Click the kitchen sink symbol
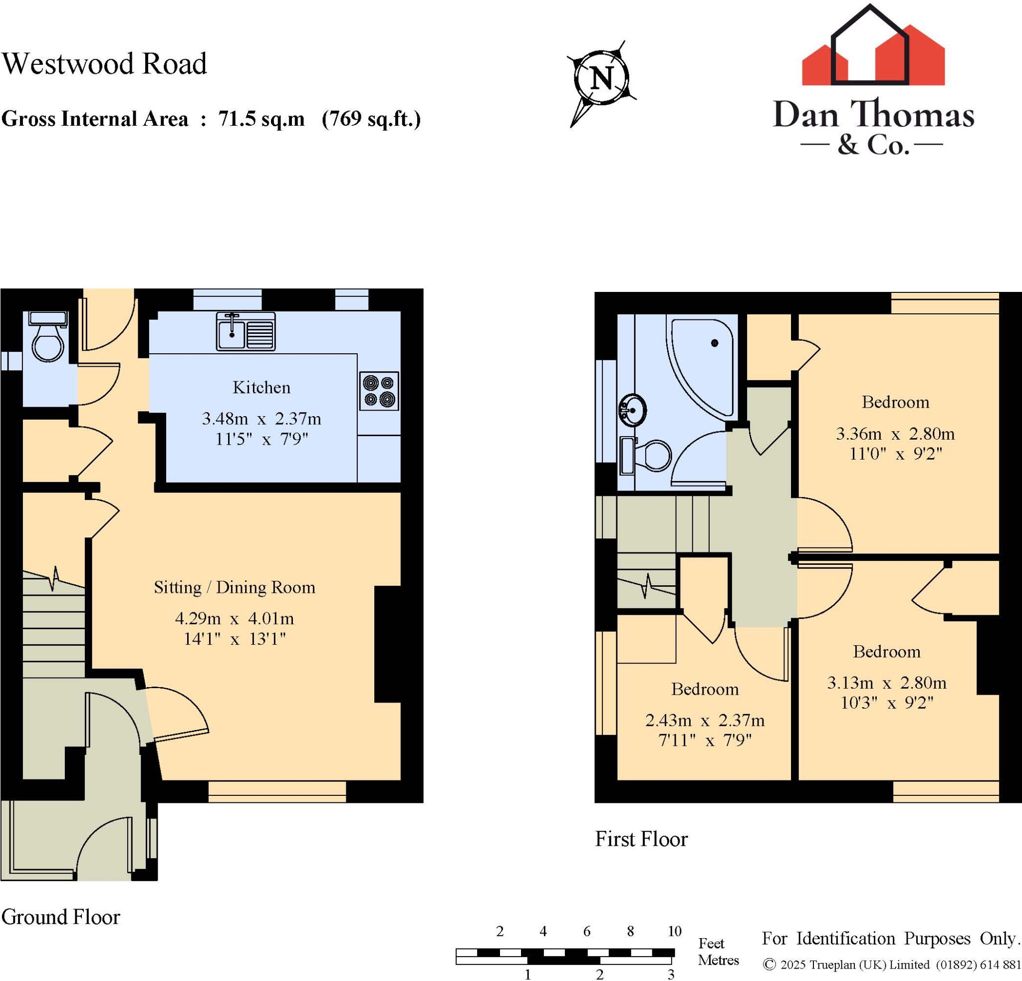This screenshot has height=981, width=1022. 246,331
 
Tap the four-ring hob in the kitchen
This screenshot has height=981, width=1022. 379,391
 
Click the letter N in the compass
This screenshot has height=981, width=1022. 602,79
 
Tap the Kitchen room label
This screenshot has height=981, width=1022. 261,387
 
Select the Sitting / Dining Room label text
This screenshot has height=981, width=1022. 234,587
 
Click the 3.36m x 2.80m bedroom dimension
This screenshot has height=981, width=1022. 895,434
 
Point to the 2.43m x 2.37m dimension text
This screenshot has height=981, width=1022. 705,721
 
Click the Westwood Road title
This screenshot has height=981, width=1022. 104,64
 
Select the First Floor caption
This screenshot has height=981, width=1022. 641,839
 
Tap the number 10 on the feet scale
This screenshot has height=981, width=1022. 674,931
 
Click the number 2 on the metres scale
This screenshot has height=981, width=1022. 600,974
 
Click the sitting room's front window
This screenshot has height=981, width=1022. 277,791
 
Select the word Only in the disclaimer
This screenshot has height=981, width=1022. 998,939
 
